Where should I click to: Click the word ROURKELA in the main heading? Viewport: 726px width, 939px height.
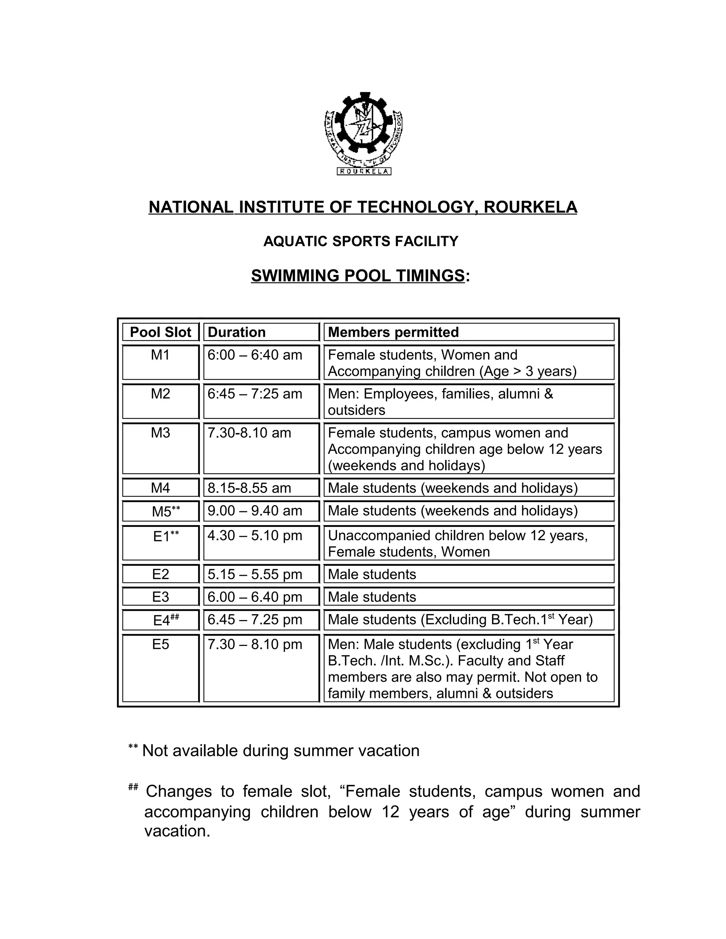tap(530, 207)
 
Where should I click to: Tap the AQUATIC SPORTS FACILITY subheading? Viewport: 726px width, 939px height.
tap(361, 241)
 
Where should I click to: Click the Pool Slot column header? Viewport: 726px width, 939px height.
tap(161, 332)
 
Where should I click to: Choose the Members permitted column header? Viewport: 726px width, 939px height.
tap(393, 332)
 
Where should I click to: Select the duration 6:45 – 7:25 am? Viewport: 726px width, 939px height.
tap(255, 394)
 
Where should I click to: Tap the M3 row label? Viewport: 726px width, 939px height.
tap(161, 433)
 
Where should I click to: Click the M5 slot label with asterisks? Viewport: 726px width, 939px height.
tap(166, 511)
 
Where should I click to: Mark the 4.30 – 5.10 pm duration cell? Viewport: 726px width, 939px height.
tap(255, 536)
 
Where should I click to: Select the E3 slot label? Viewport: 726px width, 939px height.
tap(161, 597)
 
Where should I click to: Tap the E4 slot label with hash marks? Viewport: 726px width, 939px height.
tap(166, 620)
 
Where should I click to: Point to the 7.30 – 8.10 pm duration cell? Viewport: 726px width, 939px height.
tap(255, 645)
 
